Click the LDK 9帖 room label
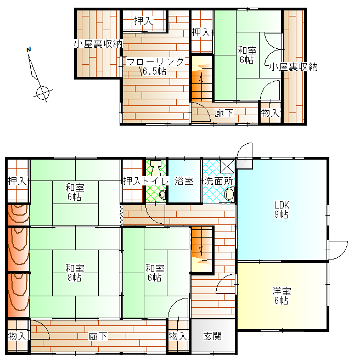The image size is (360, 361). click(x=282, y=210)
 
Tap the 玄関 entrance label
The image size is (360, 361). click(x=212, y=336)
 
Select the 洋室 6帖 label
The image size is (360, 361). click(x=282, y=296)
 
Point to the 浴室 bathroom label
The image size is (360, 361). click(x=184, y=181)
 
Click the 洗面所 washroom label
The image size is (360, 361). click(x=218, y=181)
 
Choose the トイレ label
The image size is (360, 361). click(x=155, y=181)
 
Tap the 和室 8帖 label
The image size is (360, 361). click(x=75, y=273)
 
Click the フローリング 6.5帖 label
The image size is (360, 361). click(x=155, y=66)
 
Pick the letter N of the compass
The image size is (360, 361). click(x=29, y=49)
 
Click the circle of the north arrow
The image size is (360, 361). click(x=43, y=93)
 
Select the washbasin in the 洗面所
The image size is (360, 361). click(x=229, y=195)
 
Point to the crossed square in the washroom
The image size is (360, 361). click(x=227, y=166)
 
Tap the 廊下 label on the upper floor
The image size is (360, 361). click(x=224, y=113)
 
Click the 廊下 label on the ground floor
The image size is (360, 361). click(x=98, y=336)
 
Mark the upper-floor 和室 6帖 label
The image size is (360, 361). click(x=247, y=55)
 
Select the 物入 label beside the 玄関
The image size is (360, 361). click(x=178, y=336)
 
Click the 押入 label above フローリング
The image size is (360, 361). click(x=143, y=21)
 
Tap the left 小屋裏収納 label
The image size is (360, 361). click(x=98, y=44)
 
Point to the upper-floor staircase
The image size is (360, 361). click(x=202, y=78)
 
